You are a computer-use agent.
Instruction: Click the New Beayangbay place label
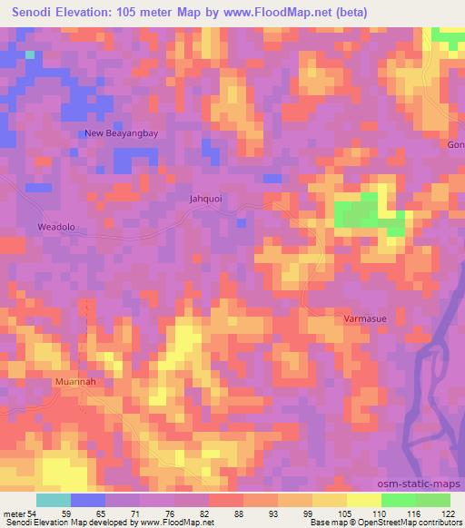(121, 133)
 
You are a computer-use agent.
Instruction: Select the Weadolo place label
(55, 226)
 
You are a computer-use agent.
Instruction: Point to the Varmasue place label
(365, 319)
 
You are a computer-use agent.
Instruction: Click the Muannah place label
(75, 382)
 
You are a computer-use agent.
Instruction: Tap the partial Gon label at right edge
(455, 145)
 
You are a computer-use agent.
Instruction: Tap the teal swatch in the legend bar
(54, 500)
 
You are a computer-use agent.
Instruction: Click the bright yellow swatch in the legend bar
(364, 500)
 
